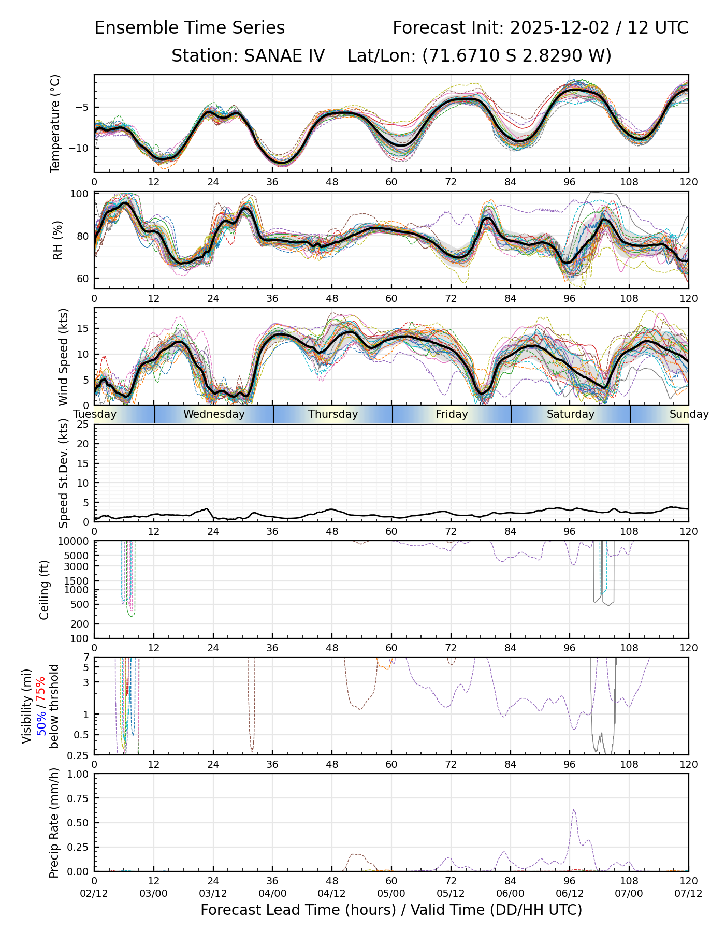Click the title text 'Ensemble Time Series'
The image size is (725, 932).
(x=190, y=28)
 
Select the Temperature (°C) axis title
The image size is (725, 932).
(x=55, y=123)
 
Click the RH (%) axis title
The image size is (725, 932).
(x=57, y=240)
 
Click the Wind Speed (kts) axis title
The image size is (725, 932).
(x=63, y=357)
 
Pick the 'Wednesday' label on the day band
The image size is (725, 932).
(x=214, y=414)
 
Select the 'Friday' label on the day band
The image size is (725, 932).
(x=452, y=414)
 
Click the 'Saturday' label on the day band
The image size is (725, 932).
(x=571, y=414)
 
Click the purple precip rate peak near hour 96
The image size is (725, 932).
(x=574, y=810)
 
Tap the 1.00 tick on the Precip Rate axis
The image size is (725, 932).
(x=78, y=775)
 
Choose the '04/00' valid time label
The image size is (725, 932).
(x=272, y=894)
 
